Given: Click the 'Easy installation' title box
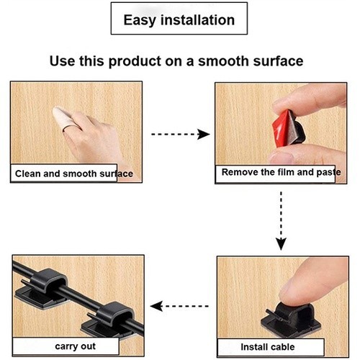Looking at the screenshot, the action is click(x=179, y=19).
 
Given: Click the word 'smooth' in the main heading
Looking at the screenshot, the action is click(x=223, y=61).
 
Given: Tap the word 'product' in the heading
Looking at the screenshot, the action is click(x=135, y=61).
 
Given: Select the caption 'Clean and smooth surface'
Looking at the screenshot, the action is click(x=74, y=174).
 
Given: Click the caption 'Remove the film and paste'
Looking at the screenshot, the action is click(x=281, y=172).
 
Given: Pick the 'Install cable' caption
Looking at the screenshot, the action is click(x=268, y=347).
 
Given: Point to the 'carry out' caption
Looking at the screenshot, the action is click(x=75, y=346).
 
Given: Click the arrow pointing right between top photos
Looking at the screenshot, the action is click(x=181, y=134).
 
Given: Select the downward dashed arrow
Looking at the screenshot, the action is click(x=281, y=221).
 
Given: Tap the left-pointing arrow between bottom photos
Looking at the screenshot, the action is click(x=179, y=306).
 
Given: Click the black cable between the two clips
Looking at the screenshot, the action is click(x=81, y=299).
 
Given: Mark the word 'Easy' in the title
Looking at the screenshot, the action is click(x=140, y=20).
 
